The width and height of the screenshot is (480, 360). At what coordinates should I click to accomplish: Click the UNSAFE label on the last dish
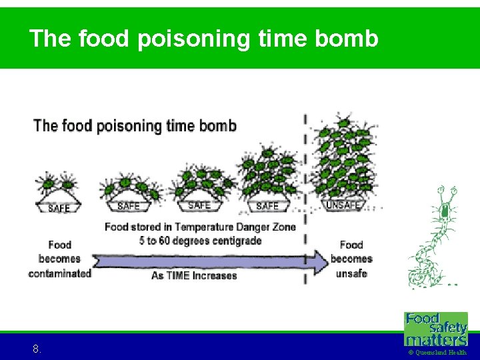(x=343, y=205)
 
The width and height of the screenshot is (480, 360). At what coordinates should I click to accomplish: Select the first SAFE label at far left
(x=59, y=209)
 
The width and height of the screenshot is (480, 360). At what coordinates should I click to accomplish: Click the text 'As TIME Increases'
(x=194, y=275)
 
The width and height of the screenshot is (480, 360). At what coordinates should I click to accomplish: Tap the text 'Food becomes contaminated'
(x=59, y=259)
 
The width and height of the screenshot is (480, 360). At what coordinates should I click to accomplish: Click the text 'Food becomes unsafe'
(x=351, y=259)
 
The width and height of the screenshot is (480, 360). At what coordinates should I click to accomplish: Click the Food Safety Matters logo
(x=436, y=328)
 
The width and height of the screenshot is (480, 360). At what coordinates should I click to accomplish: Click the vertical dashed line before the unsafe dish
(x=305, y=200)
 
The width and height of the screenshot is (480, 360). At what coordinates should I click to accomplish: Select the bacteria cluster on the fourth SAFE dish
(x=269, y=173)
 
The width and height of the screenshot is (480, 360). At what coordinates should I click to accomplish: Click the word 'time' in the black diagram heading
(x=183, y=125)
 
